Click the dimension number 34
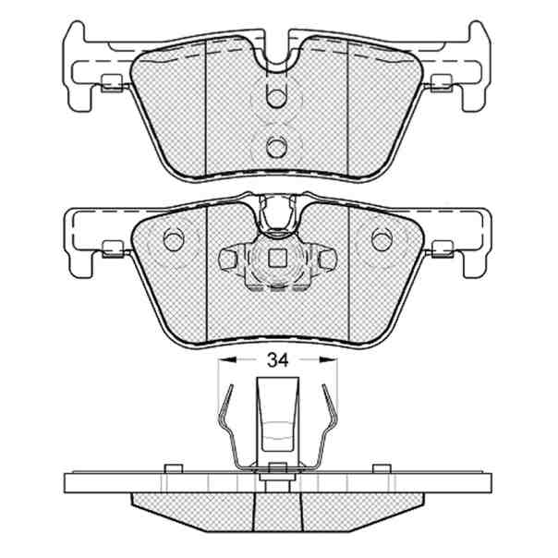click(x=277, y=360)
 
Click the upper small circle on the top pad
click(x=276, y=97)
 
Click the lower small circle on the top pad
click(x=276, y=146)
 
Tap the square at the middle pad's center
click(x=277, y=258)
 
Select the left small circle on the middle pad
click(x=174, y=239)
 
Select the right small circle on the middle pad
click(x=382, y=239)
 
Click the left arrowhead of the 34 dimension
click(x=227, y=360)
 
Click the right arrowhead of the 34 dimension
click(x=328, y=360)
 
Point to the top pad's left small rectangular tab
click(x=112, y=83)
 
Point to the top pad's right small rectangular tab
click(x=442, y=83)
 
